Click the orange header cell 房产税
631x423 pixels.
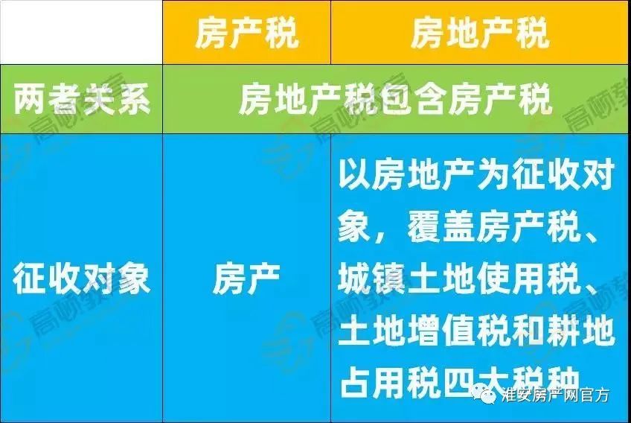point(247,32)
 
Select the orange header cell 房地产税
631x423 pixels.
point(481,32)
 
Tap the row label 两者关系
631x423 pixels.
point(82,99)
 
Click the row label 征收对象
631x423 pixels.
point(82,278)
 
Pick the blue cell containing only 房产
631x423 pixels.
point(247,278)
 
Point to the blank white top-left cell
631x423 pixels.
point(81,32)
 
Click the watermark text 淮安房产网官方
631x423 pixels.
point(556,395)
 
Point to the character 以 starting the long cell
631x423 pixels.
point(354,174)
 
